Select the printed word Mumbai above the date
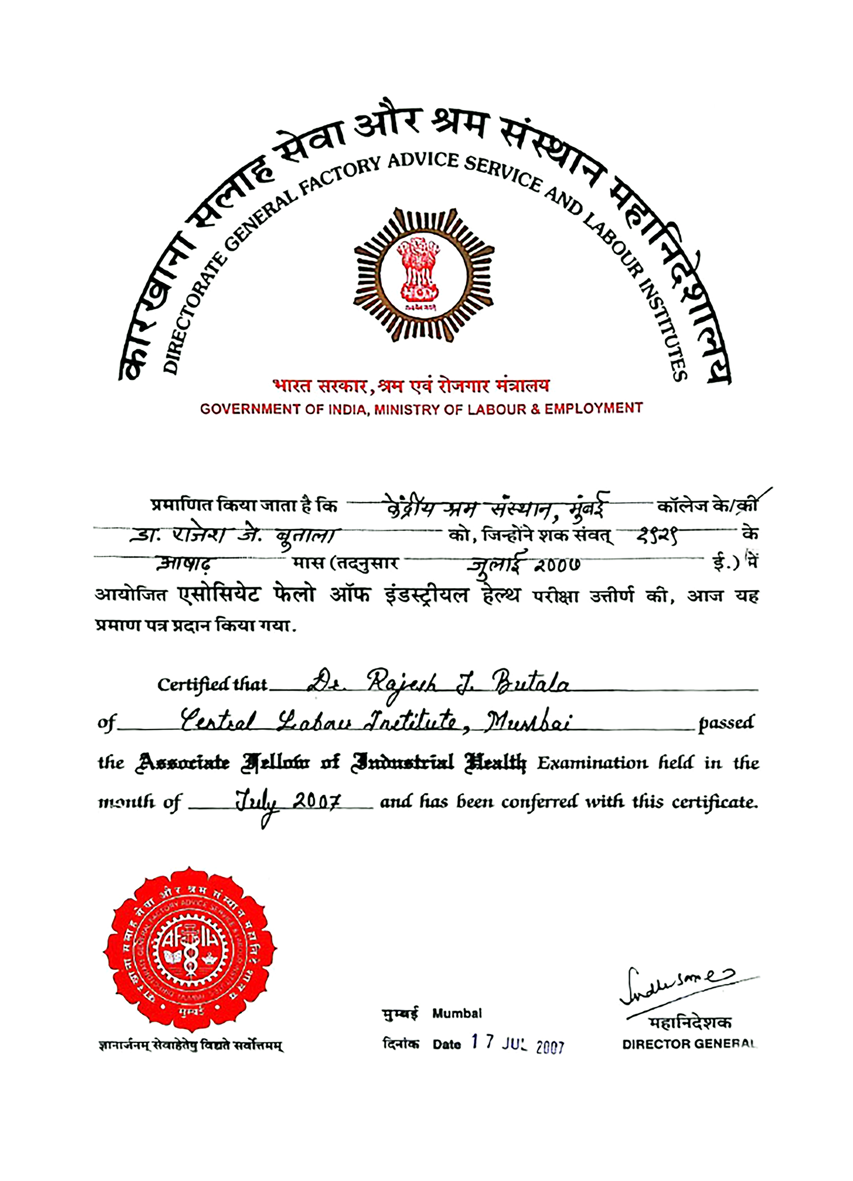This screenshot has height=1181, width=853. click(x=456, y=1014)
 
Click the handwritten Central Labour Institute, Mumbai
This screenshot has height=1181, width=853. click(x=375, y=722)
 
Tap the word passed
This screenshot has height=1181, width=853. click(x=726, y=723)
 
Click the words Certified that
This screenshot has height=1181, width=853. click(x=213, y=684)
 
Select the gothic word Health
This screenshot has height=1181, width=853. click(x=495, y=763)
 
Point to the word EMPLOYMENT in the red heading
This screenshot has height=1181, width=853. click(x=594, y=408)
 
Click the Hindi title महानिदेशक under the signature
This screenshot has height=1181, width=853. click(x=689, y=1023)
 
